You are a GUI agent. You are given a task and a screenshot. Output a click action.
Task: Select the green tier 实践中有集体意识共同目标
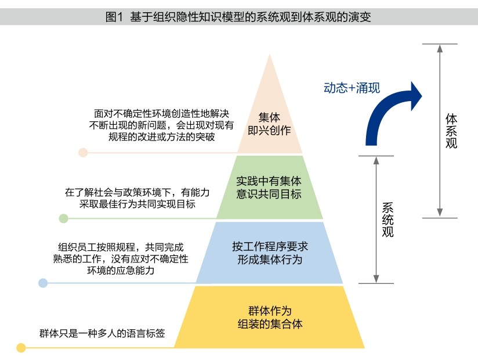(270, 187)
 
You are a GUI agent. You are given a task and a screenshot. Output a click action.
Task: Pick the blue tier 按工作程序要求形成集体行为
(270, 253)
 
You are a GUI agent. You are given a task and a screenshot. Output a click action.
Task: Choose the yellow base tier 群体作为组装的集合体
(270, 316)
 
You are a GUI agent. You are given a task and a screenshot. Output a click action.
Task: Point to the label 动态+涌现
(352, 88)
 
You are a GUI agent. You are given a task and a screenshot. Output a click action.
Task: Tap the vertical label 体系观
(451, 131)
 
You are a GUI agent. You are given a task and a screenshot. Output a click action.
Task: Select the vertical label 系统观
(387, 219)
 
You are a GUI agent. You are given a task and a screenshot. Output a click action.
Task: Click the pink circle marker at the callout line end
(83, 153)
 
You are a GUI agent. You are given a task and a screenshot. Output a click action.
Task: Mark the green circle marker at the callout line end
(64, 218)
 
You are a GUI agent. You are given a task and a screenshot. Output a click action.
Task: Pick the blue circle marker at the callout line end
(43, 283)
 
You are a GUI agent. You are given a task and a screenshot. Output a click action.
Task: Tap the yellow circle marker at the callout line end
(21, 348)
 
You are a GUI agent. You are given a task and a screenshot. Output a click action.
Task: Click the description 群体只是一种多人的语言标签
(102, 333)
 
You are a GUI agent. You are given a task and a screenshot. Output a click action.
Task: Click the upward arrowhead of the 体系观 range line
(440, 48)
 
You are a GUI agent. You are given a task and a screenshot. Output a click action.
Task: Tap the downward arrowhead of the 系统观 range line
(376, 279)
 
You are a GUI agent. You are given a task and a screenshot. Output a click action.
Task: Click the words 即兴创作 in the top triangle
(270, 131)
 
